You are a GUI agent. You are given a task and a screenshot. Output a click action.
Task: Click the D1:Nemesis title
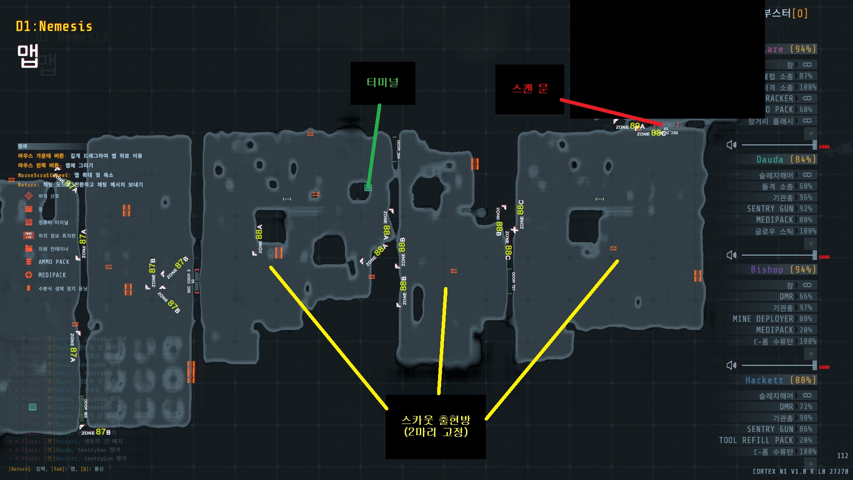[54, 27]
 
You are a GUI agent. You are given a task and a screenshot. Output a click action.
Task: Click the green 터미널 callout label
[383, 83]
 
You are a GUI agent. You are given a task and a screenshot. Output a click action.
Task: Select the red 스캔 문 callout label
[530, 89]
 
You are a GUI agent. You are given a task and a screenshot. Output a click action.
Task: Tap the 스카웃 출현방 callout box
[435, 426]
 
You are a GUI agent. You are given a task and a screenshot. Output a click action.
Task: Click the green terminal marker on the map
[368, 188]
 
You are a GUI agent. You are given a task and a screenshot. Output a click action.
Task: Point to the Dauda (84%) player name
[786, 160]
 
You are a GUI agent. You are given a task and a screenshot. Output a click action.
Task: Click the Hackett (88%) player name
[780, 380]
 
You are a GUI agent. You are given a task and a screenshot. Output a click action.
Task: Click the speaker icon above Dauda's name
[731, 145]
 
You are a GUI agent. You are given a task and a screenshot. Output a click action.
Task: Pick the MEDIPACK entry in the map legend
[52, 275]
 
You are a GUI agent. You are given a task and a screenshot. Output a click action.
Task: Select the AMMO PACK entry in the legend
[53, 262]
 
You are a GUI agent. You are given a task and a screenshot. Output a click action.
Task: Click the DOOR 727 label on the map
[514, 281]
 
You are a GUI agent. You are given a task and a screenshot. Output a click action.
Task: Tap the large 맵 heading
[28, 56]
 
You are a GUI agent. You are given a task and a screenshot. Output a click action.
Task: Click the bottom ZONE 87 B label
[96, 432]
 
